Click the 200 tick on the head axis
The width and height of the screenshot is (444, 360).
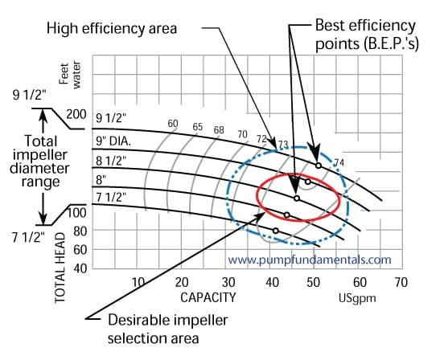click(x=76, y=114)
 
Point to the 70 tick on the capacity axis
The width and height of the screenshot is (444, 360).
click(x=401, y=282)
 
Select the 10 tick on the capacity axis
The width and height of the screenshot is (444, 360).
click(x=138, y=282)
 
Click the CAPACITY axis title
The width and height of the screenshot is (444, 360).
click(x=208, y=297)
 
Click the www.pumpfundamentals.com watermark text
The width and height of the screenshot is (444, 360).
click(x=310, y=260)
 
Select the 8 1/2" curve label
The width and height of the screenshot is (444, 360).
click(x=110, y=161)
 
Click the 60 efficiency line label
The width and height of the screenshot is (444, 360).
click(x=172, y=123)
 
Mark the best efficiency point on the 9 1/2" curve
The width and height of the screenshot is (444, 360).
click(x=319, y=166)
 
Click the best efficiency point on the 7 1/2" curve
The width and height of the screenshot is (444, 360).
click(x=276, y=231)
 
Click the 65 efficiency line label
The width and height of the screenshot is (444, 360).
click(x=197, y=127)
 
